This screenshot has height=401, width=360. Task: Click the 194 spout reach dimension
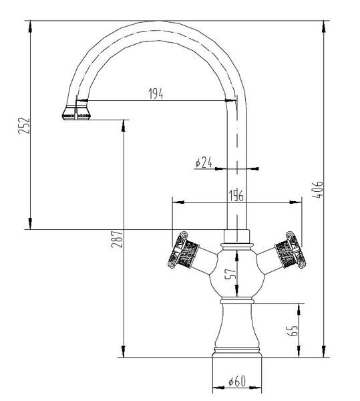[x=156, y=94]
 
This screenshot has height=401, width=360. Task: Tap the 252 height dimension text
[x=24, y=126]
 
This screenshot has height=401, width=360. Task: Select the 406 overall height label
[x=317, y=190]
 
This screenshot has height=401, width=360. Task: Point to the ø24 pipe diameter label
[x=204, y=162]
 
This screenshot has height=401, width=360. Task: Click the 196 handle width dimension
[x=236, y=196]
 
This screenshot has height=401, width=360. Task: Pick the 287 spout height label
[x=117, y=239]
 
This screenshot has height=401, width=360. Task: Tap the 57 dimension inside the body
[x=230, y=274]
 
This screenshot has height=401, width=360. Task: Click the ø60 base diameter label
[x=237, y=382]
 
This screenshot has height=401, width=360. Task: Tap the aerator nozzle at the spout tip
[x=76, y=112]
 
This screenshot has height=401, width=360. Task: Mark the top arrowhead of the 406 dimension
[x=324, y=26]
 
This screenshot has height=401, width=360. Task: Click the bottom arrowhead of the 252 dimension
[x=30, y=223]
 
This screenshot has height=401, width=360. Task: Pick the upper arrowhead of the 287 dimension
[x=124, y=126]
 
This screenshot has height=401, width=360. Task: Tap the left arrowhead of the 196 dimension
[x=178, y=203]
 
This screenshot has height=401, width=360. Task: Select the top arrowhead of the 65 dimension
[x=299, y=309]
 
